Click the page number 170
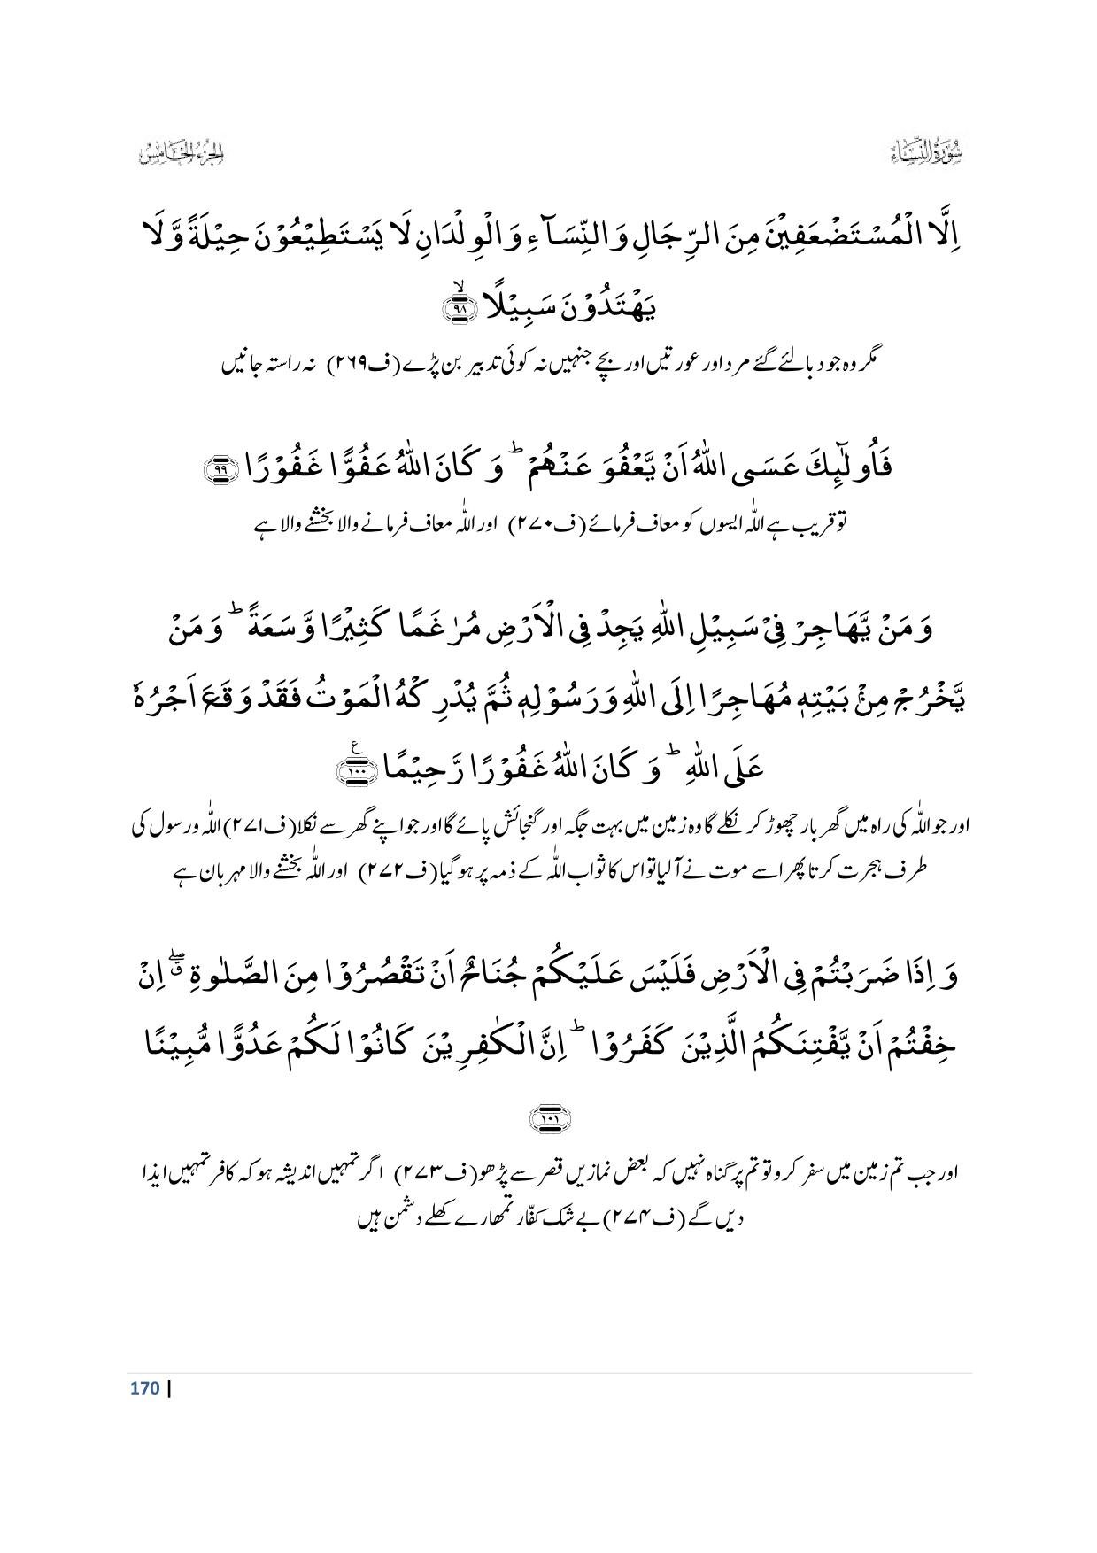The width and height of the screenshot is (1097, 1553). [143, 1387]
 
